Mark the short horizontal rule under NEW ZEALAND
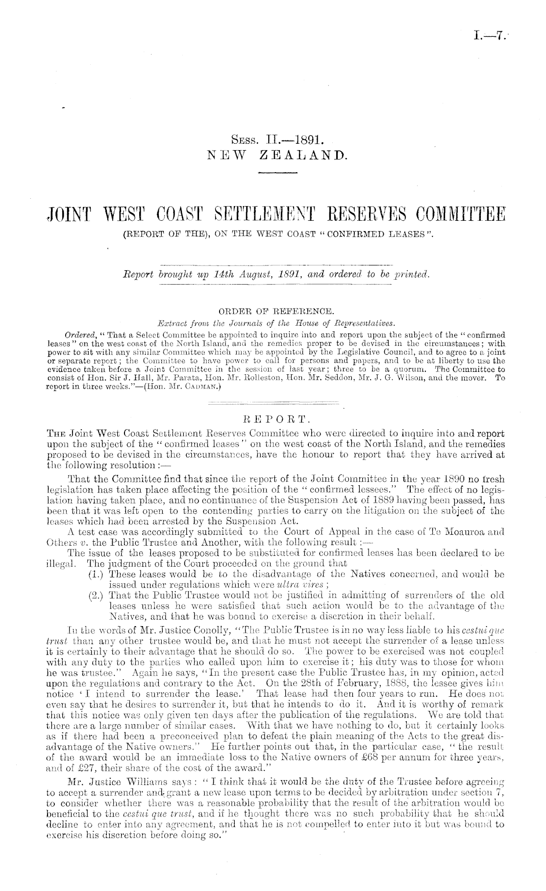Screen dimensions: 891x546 click(278, 173)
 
